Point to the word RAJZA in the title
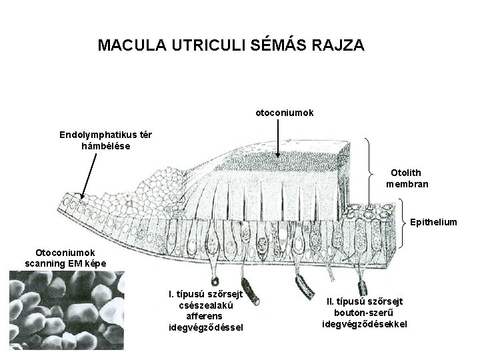(x=339, y=45)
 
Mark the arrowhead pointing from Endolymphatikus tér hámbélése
(x=81, y=197)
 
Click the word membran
(x=407, y=184)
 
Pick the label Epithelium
(x=434, y=221)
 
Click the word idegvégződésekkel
(x=364, y=324)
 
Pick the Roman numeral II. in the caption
(x=331, y=302)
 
